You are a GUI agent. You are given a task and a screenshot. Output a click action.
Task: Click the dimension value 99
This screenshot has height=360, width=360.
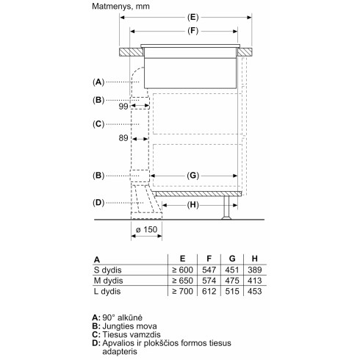tap(123, 107)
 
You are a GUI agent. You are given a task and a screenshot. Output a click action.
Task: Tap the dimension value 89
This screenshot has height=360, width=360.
tap(123, 137)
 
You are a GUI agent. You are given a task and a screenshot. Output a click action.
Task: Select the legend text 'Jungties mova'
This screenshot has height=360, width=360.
tap(128, 325)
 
